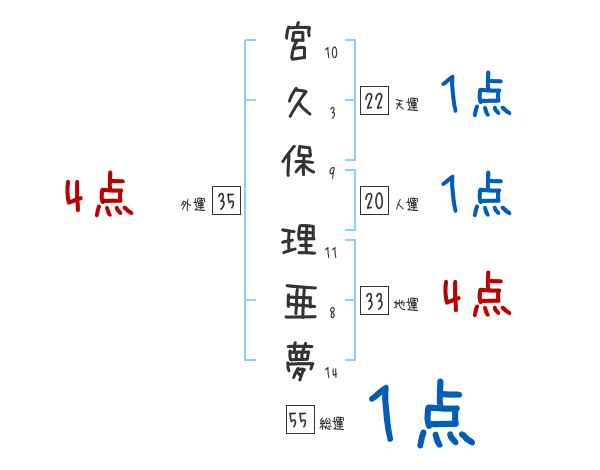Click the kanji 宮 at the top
[x=299, y=45]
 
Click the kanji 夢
[x=299, y=357]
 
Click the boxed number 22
[x=374, y=100]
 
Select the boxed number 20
[x=374, y=202]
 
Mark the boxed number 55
[x=297, y=420]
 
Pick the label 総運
[x=331, y=424]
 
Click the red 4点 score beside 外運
[x=99, y=198]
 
